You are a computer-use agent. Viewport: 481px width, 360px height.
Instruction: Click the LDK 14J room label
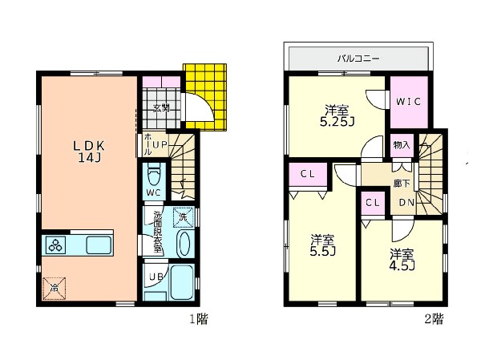tap(89, 152)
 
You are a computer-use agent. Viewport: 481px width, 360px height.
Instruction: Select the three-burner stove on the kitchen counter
tap(55, 245)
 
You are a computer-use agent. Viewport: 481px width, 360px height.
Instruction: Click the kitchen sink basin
tap(99, 245)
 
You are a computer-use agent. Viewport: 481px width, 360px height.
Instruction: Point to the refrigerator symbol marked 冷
tap(55, 288)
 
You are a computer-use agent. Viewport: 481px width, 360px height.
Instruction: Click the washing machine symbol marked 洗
tap(184, 217)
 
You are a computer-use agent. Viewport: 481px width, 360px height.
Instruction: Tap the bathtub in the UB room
tap(181, 282)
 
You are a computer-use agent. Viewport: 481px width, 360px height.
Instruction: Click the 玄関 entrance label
tap(161, 107)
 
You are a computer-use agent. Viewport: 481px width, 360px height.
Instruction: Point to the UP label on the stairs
tap(160, 144)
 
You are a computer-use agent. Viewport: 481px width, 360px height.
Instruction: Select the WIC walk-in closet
tap(409, 102)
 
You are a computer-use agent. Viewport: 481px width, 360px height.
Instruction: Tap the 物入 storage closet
tap(402, 145)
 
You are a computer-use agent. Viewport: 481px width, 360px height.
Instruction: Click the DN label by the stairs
tap(406, 203)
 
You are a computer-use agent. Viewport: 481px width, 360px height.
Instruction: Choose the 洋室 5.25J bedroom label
tap(337, 115)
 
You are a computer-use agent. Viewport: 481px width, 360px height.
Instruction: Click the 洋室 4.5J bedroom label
tap(402, 260)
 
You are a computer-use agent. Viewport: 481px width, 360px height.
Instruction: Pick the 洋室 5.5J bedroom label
tap(322, 245)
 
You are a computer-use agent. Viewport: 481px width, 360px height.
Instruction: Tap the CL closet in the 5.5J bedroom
tap(308, 174)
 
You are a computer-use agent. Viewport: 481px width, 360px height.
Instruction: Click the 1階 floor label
tap(199, 319)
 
